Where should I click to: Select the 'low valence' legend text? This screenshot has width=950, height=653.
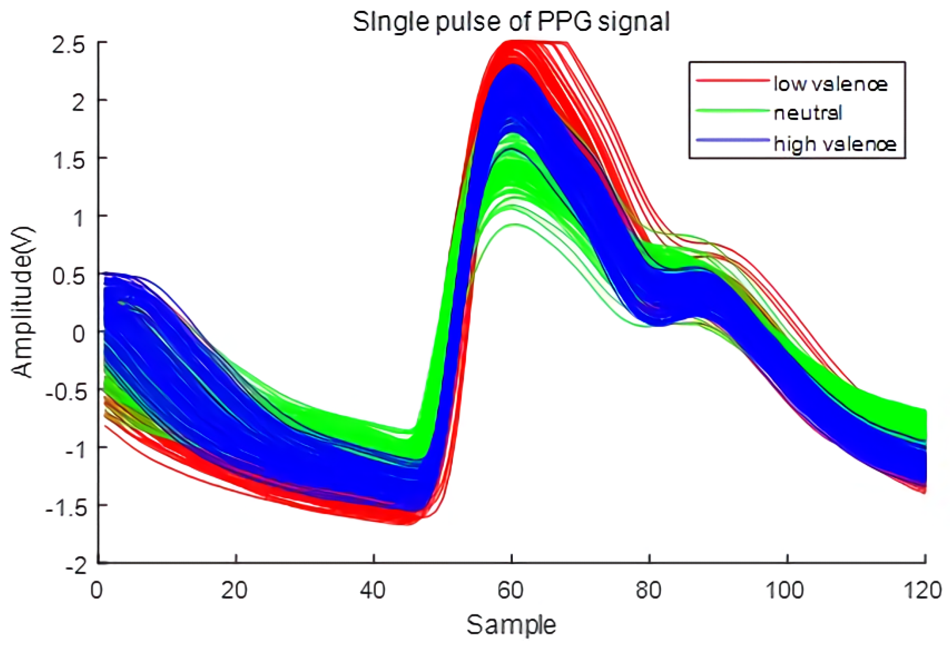[830, 84]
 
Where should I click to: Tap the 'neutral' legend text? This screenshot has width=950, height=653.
[808, 113]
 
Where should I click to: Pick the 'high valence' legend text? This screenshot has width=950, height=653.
[834, 144]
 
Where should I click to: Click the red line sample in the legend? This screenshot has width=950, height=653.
[732, 81]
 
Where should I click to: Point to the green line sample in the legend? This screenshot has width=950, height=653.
[732, 111]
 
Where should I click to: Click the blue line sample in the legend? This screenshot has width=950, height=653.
[732, 140]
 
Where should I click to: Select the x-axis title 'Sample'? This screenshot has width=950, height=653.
[511, 625]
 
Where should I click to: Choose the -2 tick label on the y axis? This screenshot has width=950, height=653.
[76, 566]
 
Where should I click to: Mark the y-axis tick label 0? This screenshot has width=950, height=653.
[79, 334]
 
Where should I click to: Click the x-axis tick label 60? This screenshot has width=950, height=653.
[510, 590]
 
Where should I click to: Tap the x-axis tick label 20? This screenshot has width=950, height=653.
[234, 590]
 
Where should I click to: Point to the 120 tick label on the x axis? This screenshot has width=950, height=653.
[922, 590]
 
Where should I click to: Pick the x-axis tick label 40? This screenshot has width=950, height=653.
[373, 590]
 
